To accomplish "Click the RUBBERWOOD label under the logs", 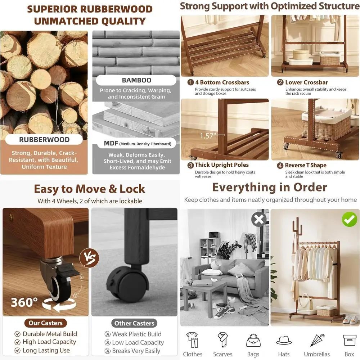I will pyautogui.click(x=44, y=140).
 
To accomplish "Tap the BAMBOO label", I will pyautogui.click(x=136, y=80).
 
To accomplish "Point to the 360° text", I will pyautogui.click(x=24, y=302).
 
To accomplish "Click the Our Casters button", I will pyautogui.click(x=46, y=323).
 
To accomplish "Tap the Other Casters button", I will pyautogui.click(x=134, y=323).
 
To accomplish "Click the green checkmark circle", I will pyautogui.click(x=349, y=219).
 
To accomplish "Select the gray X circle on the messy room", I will pyautogui.click(x=259, y=219).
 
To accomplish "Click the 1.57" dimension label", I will pyautogui.click(x=208, y=136).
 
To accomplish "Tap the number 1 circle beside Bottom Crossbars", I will pyautogui.click(x=191, y=82).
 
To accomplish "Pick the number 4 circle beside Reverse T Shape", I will pyautogui.click(x=280, y=166).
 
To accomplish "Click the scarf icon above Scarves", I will pyautogui.click(x=223, y=340).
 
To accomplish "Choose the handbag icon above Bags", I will pyautogui.click(x=253, y=340).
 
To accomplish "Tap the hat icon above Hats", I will pyautogui.click(x=284, y=340).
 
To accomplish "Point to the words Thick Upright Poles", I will pyautogui.click(x=222, y=165).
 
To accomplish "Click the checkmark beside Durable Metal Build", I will pyautogui.click(x=17, y=334).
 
